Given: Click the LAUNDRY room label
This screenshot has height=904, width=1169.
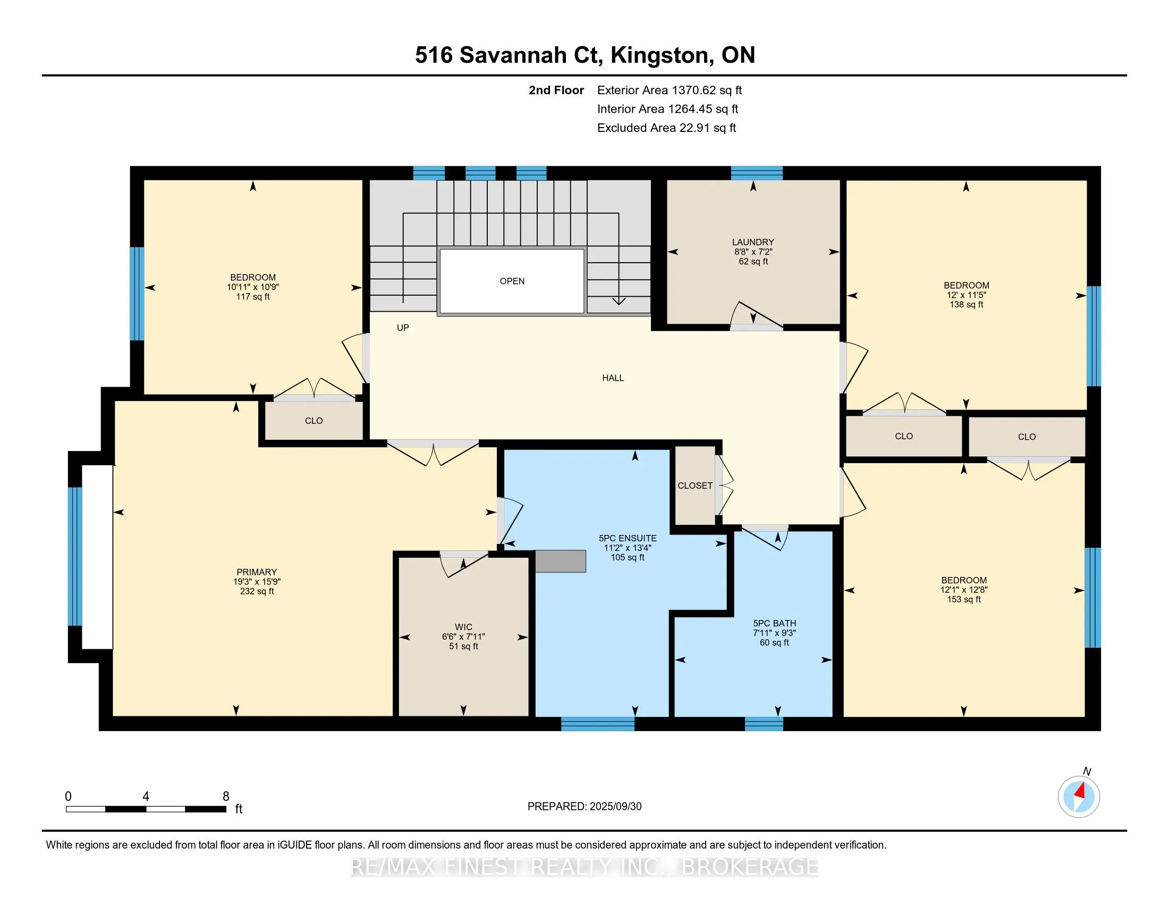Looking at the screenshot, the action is click(753, 242).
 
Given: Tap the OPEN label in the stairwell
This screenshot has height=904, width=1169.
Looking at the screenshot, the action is click(512, 281).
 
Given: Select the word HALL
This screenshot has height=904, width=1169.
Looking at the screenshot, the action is click(613, 378).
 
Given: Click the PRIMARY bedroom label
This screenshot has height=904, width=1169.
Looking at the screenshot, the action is click(257, 572).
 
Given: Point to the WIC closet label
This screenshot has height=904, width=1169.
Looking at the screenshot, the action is click(463, 627).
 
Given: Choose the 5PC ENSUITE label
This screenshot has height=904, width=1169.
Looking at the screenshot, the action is click(628, 538).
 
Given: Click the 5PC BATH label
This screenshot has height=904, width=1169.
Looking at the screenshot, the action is click(775, 623).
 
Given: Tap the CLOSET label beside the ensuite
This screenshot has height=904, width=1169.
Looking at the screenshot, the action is click(695, 486).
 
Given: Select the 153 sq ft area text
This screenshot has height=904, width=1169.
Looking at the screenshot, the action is click(964, 599).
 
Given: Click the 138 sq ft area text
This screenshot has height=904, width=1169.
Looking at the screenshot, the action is click(967, 305).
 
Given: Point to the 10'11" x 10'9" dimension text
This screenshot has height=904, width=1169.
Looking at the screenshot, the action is click(253, 287).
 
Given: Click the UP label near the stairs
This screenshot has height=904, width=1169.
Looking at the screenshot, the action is click(403, 328).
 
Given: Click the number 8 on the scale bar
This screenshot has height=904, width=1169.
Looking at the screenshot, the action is click(226, 797).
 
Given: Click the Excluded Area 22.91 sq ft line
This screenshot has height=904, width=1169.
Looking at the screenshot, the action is click(667, 128).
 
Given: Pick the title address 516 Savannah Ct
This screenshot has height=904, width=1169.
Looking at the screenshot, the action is click(510, 56).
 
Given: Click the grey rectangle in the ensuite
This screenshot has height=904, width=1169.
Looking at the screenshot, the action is click(561, 560).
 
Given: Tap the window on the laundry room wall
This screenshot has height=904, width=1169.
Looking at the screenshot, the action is click(757, 173).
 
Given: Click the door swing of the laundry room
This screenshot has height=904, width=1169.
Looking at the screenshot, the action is click(756, 314).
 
